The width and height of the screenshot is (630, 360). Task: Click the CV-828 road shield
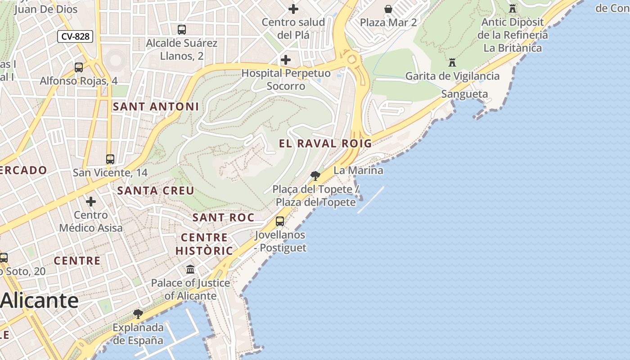tap(75, 36)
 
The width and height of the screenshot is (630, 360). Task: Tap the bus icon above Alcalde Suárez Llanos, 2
tap(182, 30)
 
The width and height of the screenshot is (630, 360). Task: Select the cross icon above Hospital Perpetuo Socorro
tap(285, 59)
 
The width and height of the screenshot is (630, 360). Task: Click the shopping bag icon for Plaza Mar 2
tap(388, 9)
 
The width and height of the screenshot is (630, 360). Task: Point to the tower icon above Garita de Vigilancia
tap(452, 63)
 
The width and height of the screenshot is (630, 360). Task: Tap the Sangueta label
tap(464, 94)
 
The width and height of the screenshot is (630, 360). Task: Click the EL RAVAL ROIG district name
tap(325, 144)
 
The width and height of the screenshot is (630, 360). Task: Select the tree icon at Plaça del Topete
tap(315, 175)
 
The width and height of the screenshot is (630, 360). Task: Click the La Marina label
tap(358, 171)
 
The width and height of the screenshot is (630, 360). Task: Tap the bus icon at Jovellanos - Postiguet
tap(280, 221)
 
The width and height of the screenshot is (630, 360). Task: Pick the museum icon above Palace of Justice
tap(190, 270)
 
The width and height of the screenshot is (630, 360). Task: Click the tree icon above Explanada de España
tap(138, 314)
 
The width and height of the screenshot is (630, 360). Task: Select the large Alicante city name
tap(40, 300)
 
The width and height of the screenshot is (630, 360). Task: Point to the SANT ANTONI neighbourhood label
tap(156, 107)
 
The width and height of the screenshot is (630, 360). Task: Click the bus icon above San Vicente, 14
tap(110, 159)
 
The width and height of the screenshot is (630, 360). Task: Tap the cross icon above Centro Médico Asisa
tap(91, 201)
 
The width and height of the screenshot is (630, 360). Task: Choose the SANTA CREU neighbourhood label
tap(156, 190)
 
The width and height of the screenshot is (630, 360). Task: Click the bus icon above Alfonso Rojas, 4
tap(79, 67)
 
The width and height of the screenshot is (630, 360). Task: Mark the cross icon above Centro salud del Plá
tap(293, 9)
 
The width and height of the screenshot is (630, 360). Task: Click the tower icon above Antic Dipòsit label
tap(512, 8)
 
